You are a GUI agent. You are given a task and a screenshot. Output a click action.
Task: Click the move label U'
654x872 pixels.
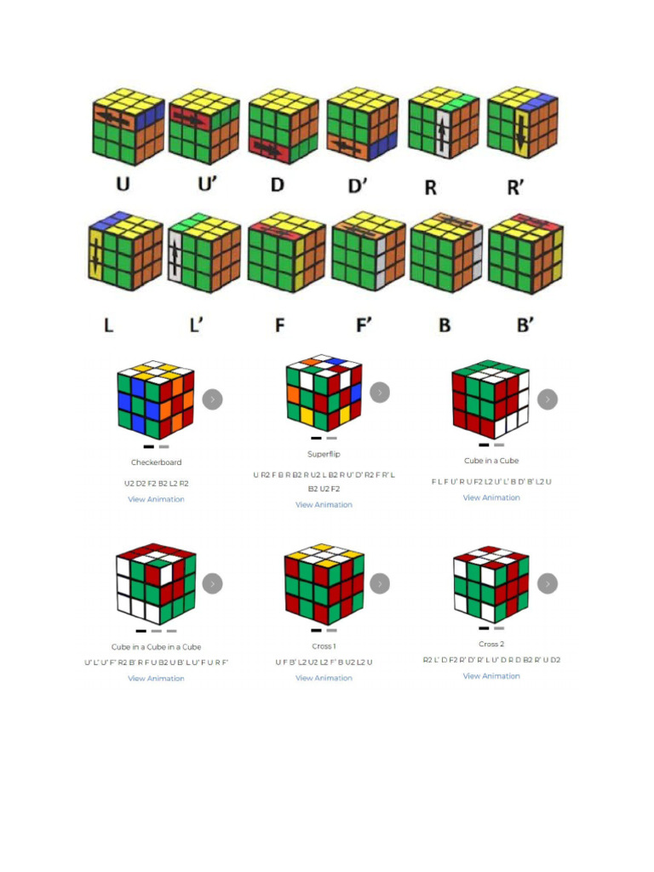(204, 186)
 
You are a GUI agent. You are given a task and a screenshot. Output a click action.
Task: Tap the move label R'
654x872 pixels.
(516, 186)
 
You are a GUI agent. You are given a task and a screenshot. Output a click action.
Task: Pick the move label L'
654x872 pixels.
(196, 324)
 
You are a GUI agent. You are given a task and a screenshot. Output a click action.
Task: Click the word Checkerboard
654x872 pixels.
(156, 462)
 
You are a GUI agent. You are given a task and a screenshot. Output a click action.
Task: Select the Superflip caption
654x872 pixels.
(324, 454)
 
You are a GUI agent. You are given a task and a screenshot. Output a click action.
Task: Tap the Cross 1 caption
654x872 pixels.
(324, 646)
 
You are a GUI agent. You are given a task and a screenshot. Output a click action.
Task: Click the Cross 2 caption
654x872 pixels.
(491, 644)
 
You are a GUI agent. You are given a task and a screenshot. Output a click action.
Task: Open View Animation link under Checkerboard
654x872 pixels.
(156, 499)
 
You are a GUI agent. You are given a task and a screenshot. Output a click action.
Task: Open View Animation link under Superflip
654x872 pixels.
(324, 505)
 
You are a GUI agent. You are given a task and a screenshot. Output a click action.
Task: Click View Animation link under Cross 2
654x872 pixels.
(491, 676)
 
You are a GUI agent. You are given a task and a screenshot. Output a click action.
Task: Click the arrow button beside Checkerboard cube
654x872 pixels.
(212, 399)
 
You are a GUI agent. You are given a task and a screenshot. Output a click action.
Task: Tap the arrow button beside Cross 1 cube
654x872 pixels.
(380, 583)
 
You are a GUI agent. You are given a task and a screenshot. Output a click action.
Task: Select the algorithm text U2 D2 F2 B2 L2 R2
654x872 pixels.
(156, 483)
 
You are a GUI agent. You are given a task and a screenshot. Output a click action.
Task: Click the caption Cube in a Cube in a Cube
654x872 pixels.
(156, 647)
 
